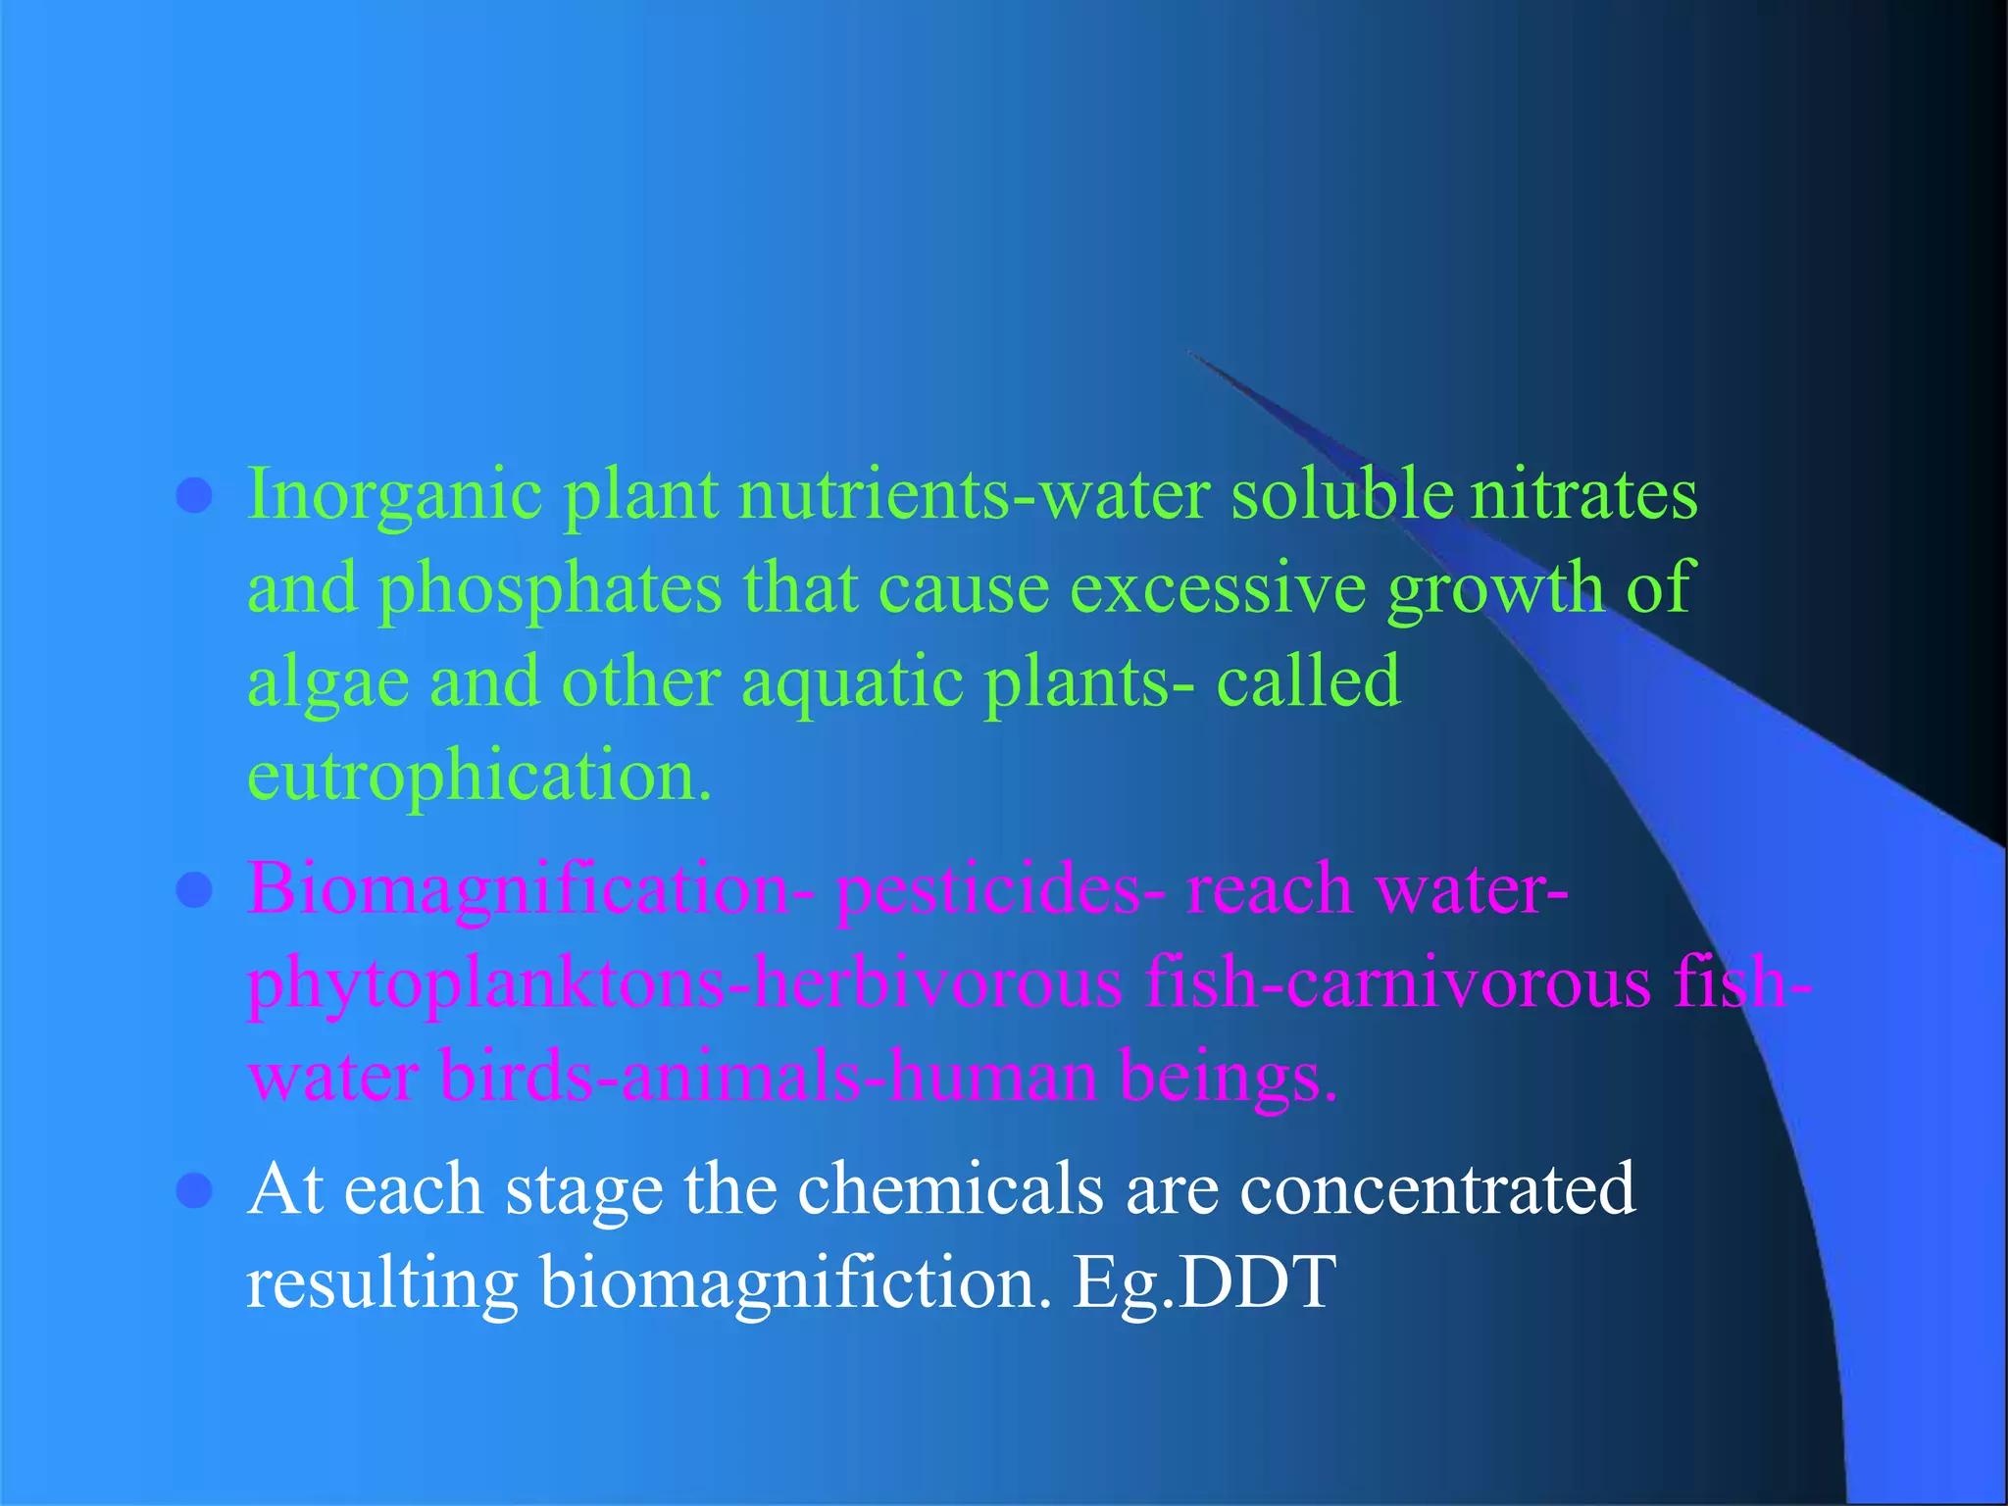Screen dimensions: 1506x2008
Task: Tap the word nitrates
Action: [1583, 493]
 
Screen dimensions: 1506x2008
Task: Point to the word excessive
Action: [1217, 588]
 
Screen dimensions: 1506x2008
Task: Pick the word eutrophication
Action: [478, 775]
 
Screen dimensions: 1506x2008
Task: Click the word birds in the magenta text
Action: [516, 1076]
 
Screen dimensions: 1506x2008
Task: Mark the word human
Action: [979, 1076]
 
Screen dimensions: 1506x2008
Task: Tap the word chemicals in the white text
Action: [950, 1189]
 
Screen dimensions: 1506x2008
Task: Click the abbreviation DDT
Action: [1257, 1282]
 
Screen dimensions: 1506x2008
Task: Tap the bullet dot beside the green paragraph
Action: [194, 496]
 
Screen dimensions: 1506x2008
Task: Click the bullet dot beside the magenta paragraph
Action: [194, 891]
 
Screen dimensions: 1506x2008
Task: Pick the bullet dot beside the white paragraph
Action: [194, 1190]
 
